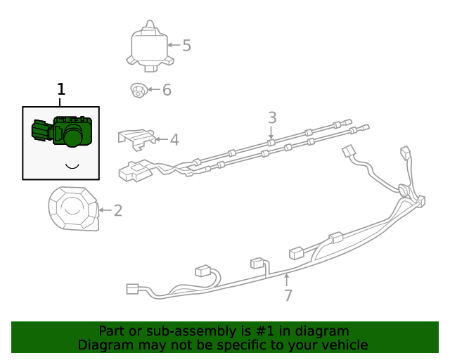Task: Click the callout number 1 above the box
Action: click(61, 89)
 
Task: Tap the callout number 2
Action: click(117, 210)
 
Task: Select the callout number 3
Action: click(272, 117)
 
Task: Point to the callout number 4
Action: click(174, 139)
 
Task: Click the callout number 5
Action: click(186, 46)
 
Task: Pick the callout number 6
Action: click(167, 90)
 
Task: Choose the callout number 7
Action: click(288, 295)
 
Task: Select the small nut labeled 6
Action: click(138, 90)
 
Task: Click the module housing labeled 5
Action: click(149, 46)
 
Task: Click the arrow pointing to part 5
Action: click(173, 46)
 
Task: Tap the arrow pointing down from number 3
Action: click(272, 133)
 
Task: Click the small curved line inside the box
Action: click(71, 166)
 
